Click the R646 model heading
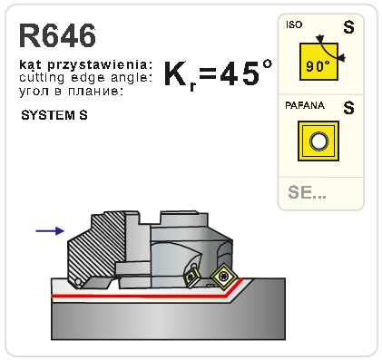click(x=57, y=35)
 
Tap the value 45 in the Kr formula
click(x=240, y=73)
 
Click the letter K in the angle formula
click(x=176, y=73)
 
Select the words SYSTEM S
click(x=54, y=115)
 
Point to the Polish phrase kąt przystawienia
click(x=86, y=64)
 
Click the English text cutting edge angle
click(x=85, y=78)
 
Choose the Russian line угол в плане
click(x=72, y=91)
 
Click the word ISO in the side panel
click(x=294, y=24)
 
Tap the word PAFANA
click(x=305, y=105)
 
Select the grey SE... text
click(x=307, y=192)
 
